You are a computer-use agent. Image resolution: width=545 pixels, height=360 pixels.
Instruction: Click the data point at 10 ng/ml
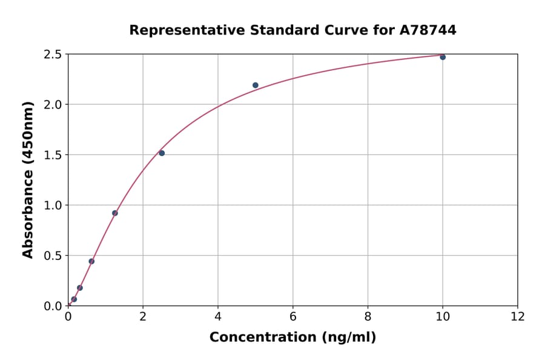(x=443, y=57)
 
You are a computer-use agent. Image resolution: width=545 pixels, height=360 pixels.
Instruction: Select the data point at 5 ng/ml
(x=256, y=85)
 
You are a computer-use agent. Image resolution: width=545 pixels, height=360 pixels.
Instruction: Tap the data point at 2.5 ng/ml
(x=162, y=153)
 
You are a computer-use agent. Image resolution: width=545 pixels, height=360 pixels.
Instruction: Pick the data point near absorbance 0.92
(x=115, y=213)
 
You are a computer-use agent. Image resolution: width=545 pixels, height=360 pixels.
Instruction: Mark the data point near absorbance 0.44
(x=91, y=261)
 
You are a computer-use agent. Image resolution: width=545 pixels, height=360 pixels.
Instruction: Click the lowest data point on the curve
(x=74, y=299)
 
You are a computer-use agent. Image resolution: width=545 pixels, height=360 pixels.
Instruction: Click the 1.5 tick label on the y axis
(x=53, y=155)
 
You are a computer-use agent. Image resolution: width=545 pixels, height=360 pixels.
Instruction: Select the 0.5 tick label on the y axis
(x=53, y=256)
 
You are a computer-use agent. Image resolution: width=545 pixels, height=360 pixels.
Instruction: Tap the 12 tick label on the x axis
(x=518, y=316)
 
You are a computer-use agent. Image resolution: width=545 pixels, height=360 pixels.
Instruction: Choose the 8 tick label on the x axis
(x=368, y=316)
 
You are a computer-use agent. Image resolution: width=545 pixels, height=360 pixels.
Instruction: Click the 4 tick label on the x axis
(x=218, y=316)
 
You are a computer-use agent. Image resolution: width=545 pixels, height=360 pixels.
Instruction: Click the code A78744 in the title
(x=428, y=30)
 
